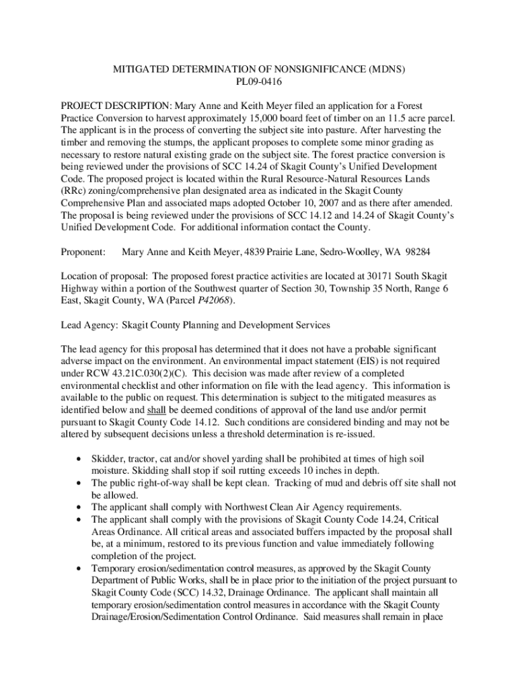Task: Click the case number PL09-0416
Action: (x=258, y=83)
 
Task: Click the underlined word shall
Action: (x=155, y=410)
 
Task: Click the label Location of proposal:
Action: (x=104, y=276)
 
